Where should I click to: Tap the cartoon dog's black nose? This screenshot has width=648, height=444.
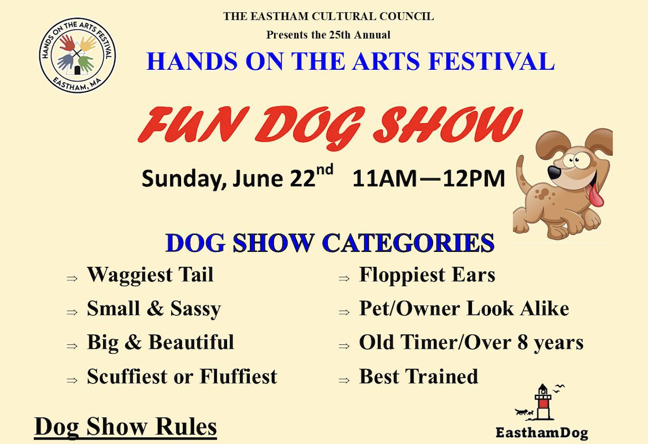(x=554, y=172)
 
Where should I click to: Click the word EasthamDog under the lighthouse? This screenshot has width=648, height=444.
(x=541, y=432)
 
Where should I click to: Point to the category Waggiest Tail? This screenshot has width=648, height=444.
(x=150, y=275)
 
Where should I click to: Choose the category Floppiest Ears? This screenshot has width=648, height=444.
(x=427, y=275)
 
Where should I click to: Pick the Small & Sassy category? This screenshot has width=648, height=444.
(x=153, y=309)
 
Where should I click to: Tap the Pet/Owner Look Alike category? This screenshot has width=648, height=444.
(x=464, y=309)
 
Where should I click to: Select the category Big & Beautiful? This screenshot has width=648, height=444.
(x=160, y=342)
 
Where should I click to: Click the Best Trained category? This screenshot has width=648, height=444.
(x=418, y=376)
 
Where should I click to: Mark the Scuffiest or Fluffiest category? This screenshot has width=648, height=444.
(x=182, y=376)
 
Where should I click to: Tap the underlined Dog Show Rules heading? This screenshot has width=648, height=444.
(x=125, y=427)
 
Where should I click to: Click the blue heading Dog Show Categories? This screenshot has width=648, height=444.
(x=330, y=243)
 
